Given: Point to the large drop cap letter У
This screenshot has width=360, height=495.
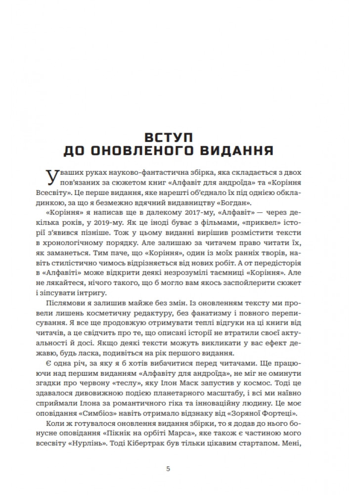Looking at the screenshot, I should pos(49,176).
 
